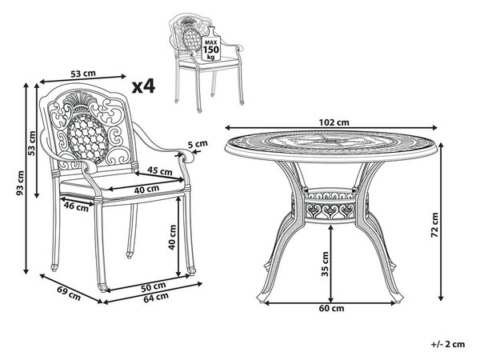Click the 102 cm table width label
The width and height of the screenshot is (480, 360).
pos(334,122)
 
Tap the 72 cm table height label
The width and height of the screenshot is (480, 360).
pos(435,226)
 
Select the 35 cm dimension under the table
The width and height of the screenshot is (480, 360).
pos(325,264)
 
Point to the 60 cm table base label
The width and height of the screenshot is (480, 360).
pos(331,308)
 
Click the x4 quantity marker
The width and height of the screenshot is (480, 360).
pos(143,86)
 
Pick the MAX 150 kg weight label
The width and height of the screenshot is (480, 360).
pos(211,49)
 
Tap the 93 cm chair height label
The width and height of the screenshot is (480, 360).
pos(20,183)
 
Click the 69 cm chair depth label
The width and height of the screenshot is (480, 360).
pos(69,293)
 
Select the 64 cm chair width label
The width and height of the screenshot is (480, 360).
pos(156,298)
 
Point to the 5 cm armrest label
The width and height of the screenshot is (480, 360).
pos(198,144)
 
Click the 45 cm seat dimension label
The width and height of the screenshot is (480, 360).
pos(159,170)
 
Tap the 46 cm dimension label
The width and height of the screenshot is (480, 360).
pos(76,206)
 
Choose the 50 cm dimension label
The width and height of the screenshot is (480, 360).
pos(154,287)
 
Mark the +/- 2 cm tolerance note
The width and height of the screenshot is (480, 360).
pos(448,344)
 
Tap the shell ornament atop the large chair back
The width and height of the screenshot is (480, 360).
pos(80,98)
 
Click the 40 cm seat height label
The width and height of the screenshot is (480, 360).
pos(173,238)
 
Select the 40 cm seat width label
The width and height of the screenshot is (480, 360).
pos(146,190)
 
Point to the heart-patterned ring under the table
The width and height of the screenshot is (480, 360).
pos(330,207)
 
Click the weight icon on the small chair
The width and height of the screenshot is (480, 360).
pos(211,44)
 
